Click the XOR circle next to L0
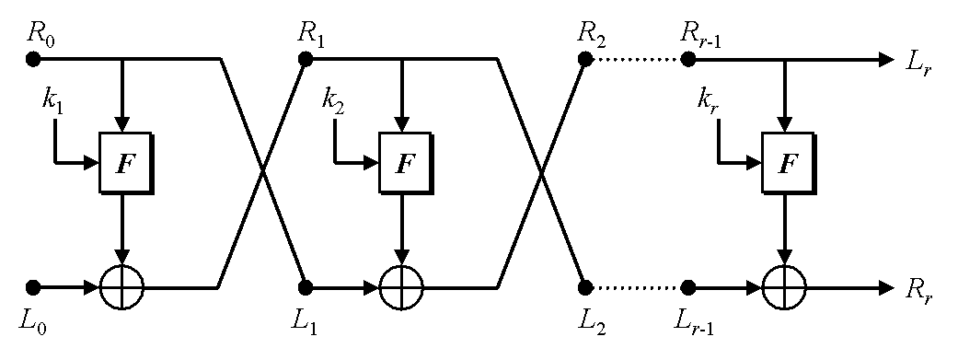coord(123,287)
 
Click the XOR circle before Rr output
coord(785,287)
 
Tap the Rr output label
coord(919,292)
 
